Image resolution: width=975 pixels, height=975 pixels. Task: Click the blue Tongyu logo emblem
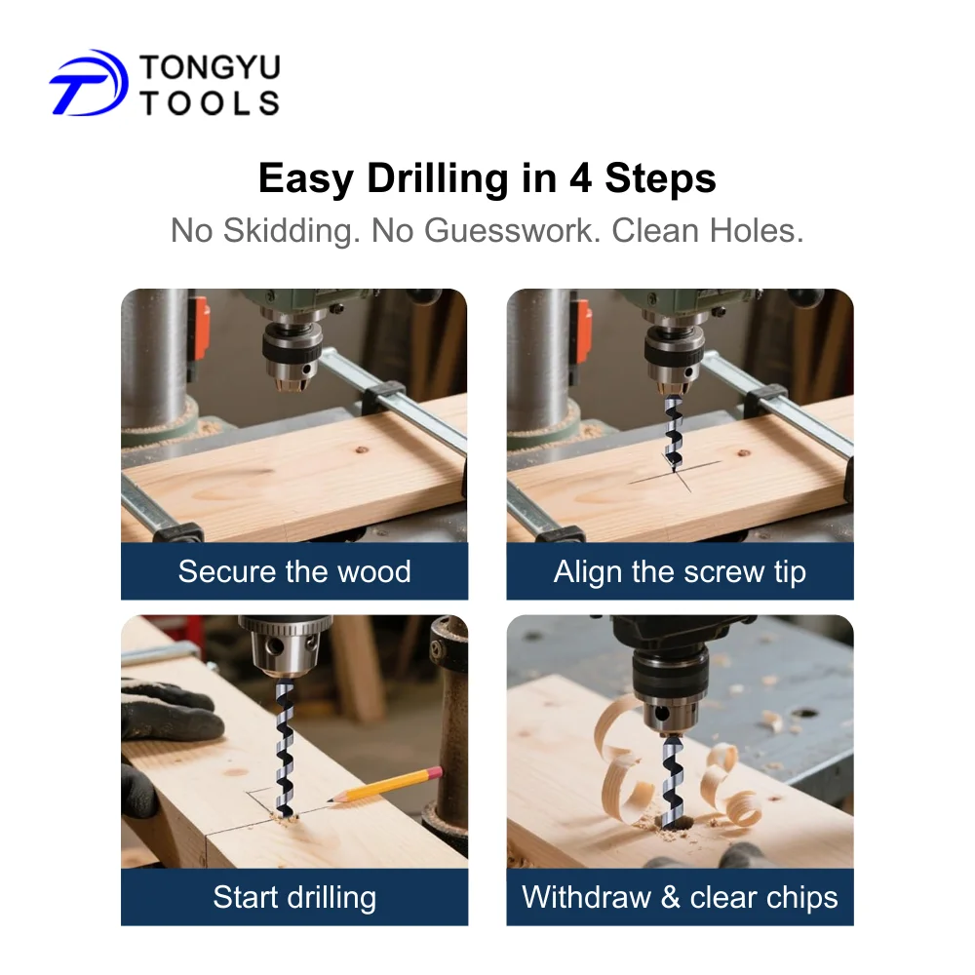pyautogui.click(x=89, y=83)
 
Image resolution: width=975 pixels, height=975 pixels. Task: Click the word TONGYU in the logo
pyautogui.click(x=211, y=67)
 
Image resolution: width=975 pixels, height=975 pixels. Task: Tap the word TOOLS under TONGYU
pyautogui.click(x=211, y=102)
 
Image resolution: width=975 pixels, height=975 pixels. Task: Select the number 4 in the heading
pyautogui.click(x=580, y=178)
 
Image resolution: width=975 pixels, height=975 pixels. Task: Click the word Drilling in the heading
pyautogui.click(x=438, y=179)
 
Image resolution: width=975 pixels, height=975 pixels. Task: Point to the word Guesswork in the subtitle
pyautogui.click(x=513, y=231)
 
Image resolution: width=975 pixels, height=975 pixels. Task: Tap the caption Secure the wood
pyautogui.click(x=294, y=571)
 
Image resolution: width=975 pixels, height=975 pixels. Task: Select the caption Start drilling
pyautogui.click(x=294, y=897)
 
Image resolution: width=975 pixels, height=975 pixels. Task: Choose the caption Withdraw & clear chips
pyautogui.click(x=680, y=897)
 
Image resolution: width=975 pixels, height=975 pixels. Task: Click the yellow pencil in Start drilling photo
pyautogui.click(x=385, y=785)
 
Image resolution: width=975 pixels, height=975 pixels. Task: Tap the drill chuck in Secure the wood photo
pyautogui.click(x=292, y=357)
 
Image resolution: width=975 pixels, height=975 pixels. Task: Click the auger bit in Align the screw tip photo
pyautogui.click(x=673, y=433)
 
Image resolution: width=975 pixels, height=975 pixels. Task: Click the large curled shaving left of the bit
pyautogui.click(x=623, y=759)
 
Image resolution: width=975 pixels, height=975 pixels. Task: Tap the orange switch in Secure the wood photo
pyautogui.click(x=200, y=330)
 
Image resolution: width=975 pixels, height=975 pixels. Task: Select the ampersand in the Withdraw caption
pyautogui.click(x=670, y=897)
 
